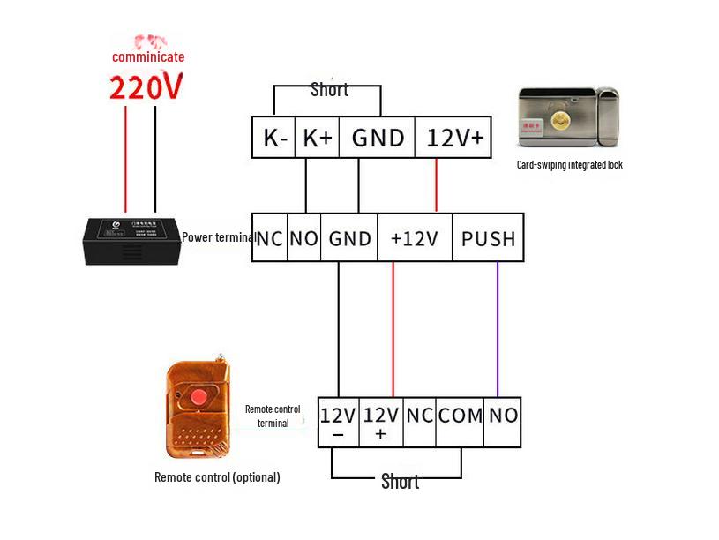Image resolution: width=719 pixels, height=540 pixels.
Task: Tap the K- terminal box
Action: [x=275, y=138]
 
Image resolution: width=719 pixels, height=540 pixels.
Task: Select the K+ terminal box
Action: [x=317, y=138]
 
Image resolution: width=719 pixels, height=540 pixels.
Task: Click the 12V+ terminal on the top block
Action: [x=454, y=138]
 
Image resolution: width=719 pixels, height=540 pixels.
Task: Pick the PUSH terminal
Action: [x=488, y=238]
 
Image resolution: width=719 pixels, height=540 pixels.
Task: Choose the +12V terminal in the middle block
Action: [x=414, y=238]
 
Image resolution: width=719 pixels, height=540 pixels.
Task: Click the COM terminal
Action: [x=461, y=415]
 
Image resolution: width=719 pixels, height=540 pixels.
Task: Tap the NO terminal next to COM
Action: [x=503, y=415]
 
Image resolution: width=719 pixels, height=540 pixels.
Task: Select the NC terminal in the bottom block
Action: [x=419, y=415]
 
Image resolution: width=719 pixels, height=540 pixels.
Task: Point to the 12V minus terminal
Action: [x=338, y=422]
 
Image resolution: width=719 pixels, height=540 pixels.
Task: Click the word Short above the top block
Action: [x=329, y=90]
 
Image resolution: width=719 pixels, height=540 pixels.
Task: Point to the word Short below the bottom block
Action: [x=400, y=482]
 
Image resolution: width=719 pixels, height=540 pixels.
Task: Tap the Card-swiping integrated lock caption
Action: [x=569, y=165]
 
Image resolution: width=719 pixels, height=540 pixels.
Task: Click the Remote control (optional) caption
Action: [x=217, y=477]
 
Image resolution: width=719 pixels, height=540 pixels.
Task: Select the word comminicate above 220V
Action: [x=148, y=57]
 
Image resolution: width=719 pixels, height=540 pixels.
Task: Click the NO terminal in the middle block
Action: [x=303, y=238]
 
